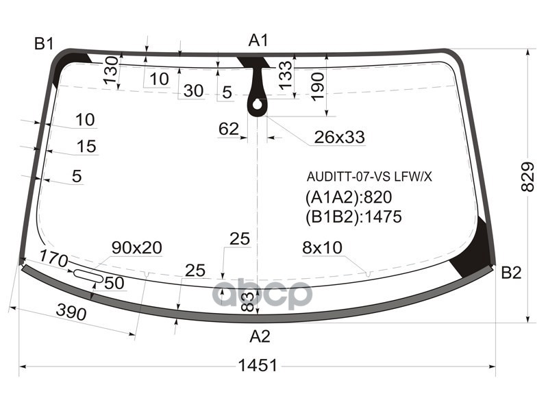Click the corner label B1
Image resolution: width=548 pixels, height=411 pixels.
(x=45, y=45)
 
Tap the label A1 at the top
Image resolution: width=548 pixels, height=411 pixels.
(x=258, y=41)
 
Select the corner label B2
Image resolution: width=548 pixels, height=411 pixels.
(x=511, y=273)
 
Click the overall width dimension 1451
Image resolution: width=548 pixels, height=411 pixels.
(x=258, y=366)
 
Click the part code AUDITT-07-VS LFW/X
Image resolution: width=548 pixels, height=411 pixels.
(x=369, y=177)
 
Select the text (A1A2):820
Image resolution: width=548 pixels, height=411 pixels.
(x=348, y=198)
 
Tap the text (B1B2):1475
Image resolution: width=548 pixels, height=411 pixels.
(x=353, y=217)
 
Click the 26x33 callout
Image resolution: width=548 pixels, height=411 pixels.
(x=339, y=138)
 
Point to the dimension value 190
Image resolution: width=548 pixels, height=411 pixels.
(x=317, y=86)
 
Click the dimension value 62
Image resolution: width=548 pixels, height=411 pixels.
(x=229, y=129)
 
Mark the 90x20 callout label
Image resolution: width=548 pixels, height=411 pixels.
(x=137, y=248)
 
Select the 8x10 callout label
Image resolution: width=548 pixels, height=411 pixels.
(x=322, y=248)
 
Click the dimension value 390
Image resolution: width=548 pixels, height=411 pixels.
(x=71, y=313)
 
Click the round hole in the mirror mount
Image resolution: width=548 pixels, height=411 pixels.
(x=257, y=105)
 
